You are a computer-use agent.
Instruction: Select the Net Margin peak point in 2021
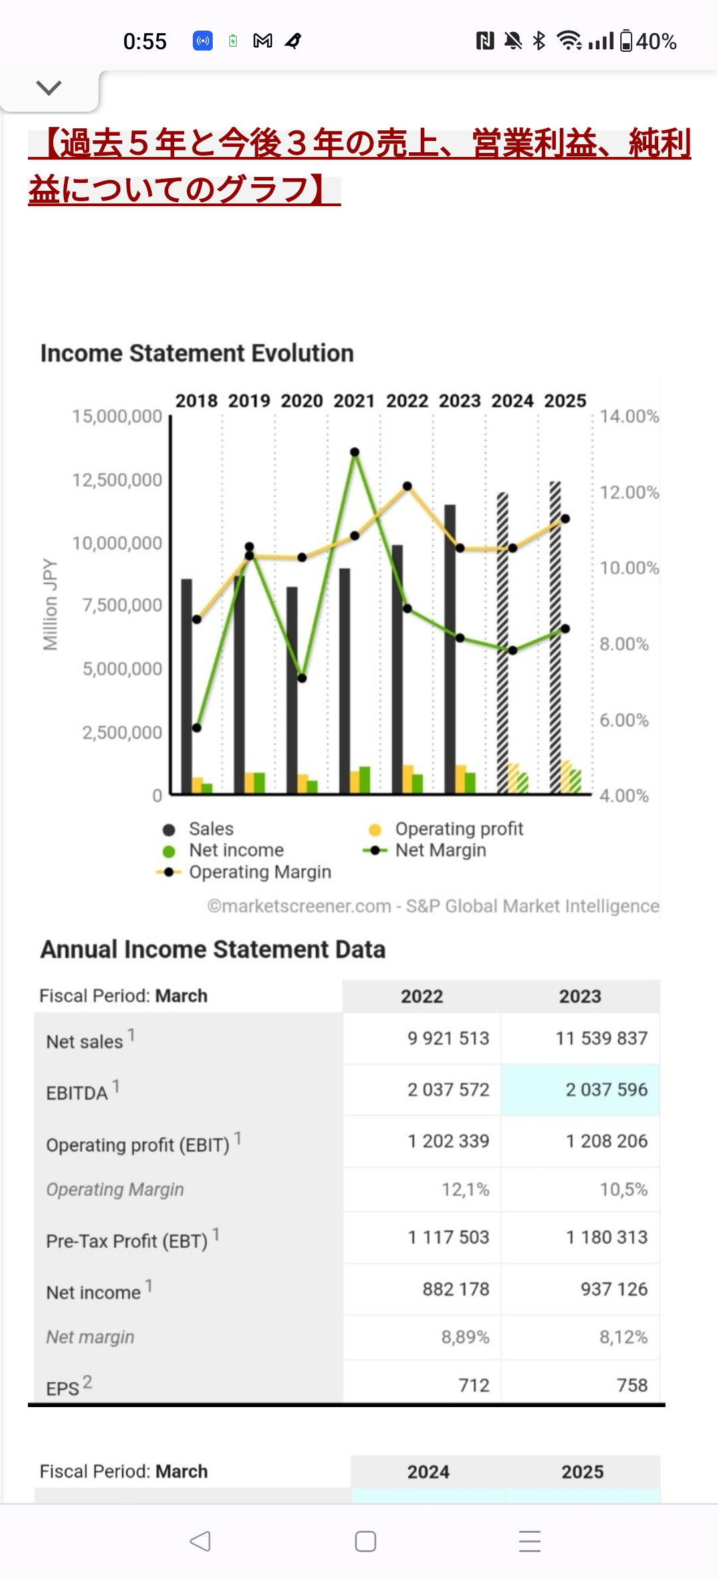pos(355,452)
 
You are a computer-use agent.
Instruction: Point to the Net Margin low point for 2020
pos(302,678)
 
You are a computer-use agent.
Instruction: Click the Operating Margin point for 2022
pos(408,486)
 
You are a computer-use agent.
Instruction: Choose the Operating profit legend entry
pos(459,829)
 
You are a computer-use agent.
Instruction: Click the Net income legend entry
pos(236,851)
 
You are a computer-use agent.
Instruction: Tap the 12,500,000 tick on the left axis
pos(117,480)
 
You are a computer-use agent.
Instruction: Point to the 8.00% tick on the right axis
pos(624,644)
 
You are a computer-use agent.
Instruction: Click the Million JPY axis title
pos(51,604)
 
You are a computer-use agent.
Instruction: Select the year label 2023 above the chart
pos(459,401)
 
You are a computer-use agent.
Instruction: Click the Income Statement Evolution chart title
pos(197,353)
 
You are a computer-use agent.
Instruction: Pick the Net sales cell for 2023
pos(601,1038)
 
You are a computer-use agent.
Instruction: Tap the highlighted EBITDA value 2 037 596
pos(606,1089)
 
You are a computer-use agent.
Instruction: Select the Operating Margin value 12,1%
pos(465,1189)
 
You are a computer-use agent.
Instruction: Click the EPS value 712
pos(473,1385)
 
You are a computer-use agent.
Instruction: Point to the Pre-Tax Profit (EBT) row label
pos(127,1241)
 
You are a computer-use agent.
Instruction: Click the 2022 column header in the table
pos(421,996)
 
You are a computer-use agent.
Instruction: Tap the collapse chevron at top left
pos(49,88)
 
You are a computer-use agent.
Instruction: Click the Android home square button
pos(366,1541)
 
